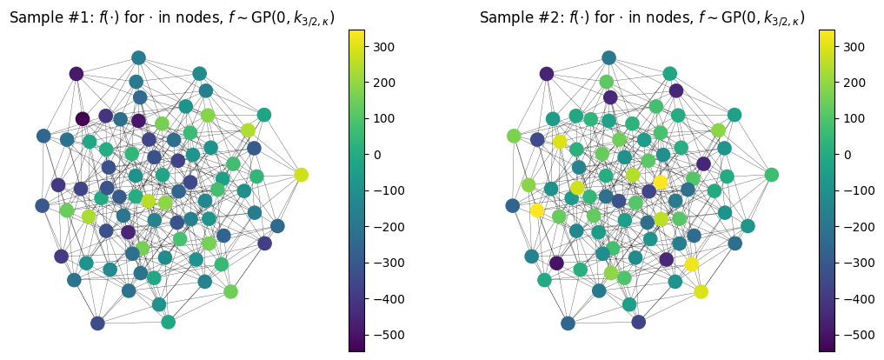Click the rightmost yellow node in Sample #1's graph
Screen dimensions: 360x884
[x=301, y=175]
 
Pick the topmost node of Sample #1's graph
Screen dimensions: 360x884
[x=138, y=58]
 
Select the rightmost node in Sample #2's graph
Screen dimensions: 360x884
[x=771, y=175]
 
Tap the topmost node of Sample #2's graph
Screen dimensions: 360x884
[x=608, y=58]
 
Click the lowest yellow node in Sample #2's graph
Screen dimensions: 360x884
[x=701, y=291]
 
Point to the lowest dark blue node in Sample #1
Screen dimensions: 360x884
[x=97, y=323]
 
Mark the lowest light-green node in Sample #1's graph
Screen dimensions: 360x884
[x=230, y=291]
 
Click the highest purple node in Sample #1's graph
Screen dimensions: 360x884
[x=76, y=74]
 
